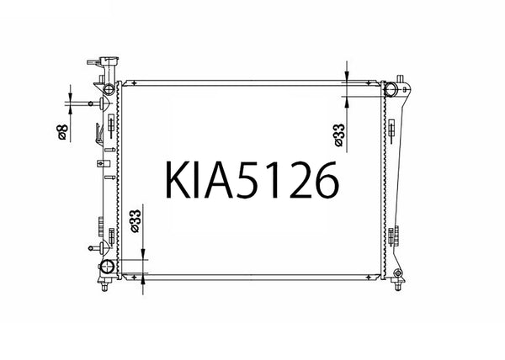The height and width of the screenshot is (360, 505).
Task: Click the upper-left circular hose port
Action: pos(109,90)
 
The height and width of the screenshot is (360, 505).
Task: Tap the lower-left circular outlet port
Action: pos(107,268)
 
